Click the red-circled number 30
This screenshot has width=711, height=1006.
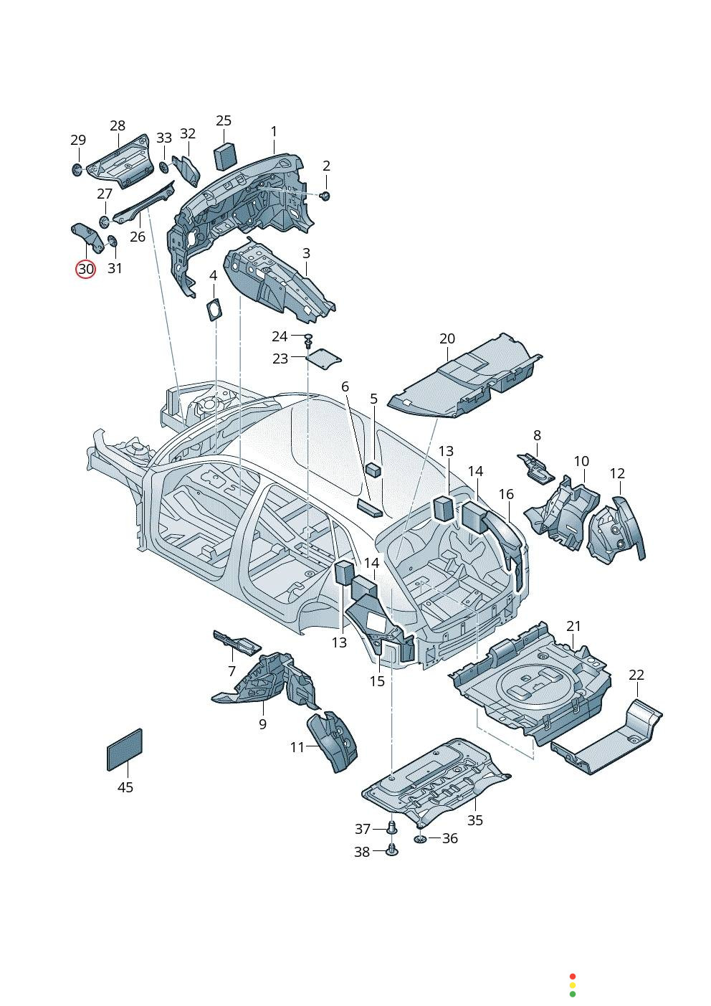tap(85, 269)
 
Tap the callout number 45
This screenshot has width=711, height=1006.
tap(125, 787)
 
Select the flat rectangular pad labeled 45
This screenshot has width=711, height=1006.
tap(125, 749)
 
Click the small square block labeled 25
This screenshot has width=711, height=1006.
tap(225, 156)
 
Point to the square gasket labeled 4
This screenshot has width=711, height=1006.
tap(214, 309)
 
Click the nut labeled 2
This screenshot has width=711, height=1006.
tap(325, 196)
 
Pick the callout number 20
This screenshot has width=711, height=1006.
tap(447, 338)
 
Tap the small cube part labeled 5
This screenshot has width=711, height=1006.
tap(373, 470)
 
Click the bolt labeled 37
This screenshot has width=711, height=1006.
tap(391, 827)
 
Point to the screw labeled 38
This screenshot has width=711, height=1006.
tap(391, 850)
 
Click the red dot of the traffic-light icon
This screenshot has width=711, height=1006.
tap(572, 976)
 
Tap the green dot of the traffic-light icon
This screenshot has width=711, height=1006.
tap(572, 994)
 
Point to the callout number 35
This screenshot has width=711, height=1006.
tap(475, 820)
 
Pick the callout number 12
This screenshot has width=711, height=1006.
tap(617, 473)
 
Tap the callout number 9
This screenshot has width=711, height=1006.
tap(262, 724)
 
